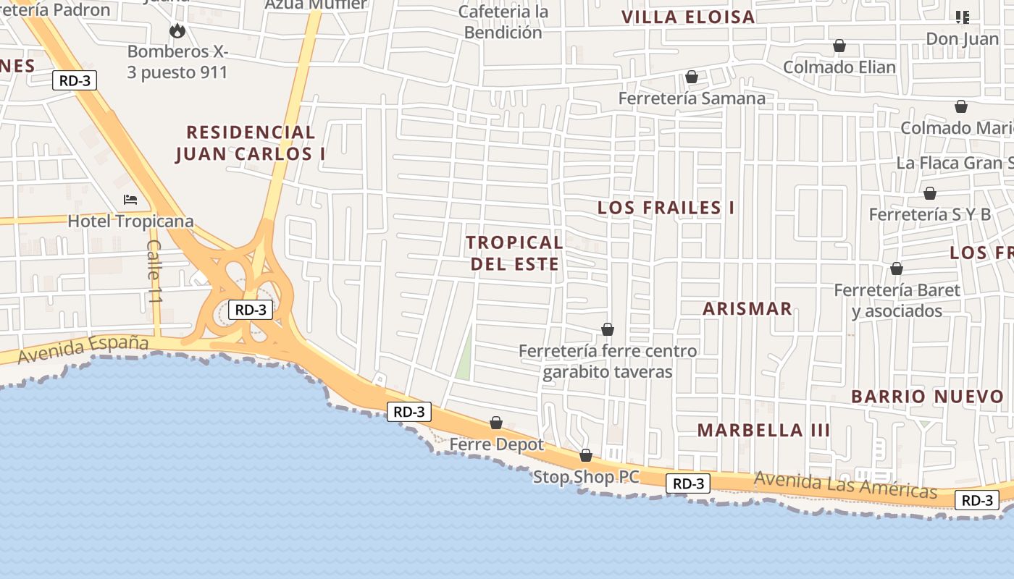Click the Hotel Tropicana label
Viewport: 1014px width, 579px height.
click(130, 221)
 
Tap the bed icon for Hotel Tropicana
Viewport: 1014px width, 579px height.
click(130, 199)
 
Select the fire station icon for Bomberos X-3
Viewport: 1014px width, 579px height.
click(177, 30)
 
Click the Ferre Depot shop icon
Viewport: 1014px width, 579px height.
click(496, 423)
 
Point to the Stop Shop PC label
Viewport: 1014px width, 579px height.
click(587, 477)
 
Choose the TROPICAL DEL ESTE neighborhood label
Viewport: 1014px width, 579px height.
click(514, 253)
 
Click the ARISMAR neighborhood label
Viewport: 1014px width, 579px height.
click(747, 308)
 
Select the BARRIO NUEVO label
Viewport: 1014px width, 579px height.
click(927, 397)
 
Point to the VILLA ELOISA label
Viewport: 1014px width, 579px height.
click(688, 17)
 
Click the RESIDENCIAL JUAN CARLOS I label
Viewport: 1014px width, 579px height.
click(251, 143)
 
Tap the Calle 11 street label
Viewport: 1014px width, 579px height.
click(154, 271)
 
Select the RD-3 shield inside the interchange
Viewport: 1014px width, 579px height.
click(251, 310)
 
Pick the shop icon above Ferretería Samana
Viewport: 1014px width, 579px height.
click(692, 77)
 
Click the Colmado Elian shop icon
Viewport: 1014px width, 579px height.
click(839, 46)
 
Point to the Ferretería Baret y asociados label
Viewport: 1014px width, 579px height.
click(897, 300)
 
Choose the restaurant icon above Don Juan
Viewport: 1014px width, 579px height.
click(962, 17)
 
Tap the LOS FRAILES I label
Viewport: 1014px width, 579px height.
click(666, 208)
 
